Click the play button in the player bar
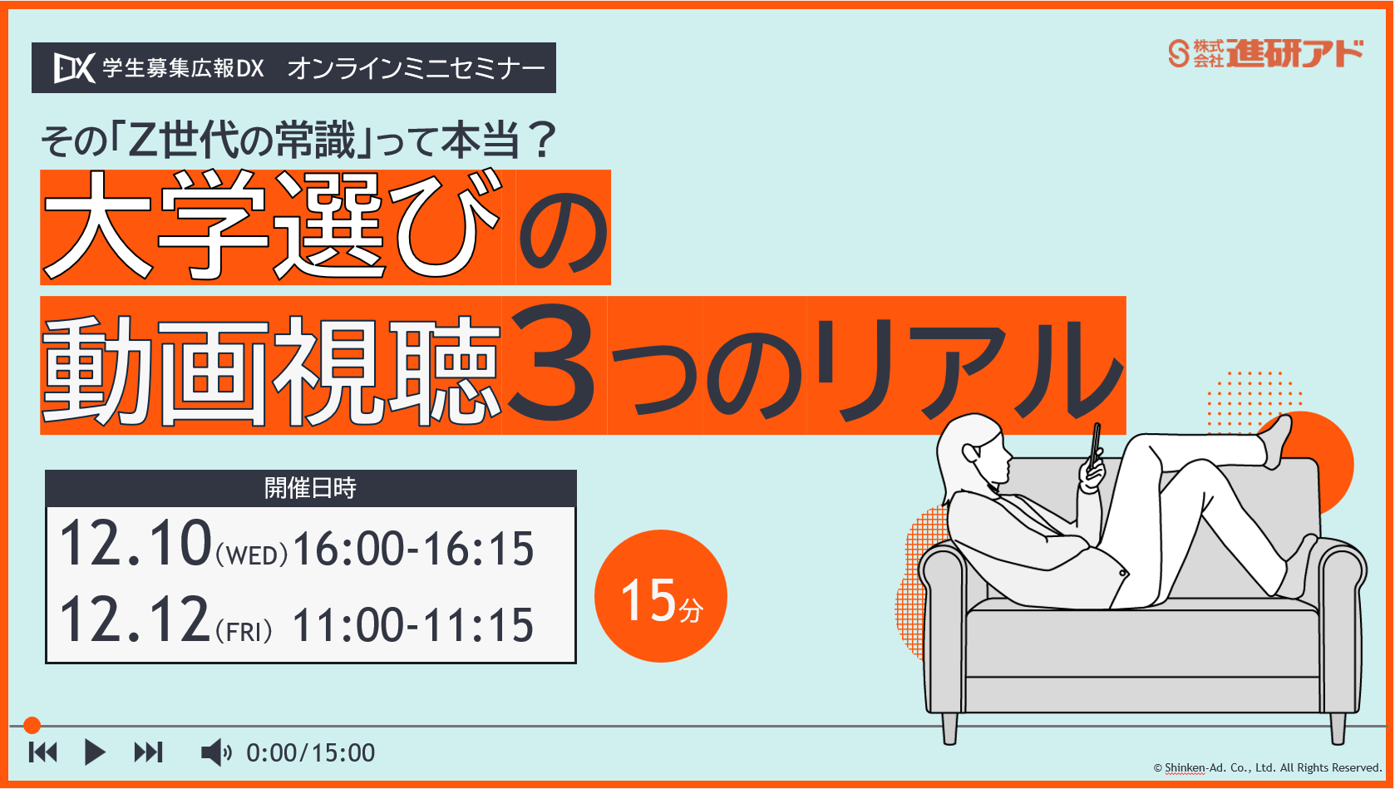click(95, 752)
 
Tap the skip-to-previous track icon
click(43, 752)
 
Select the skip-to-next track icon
click(148, 752)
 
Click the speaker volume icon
click(215, 752)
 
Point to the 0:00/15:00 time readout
click(310, 753)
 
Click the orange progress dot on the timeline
click(32, 726)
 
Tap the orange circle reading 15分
click(661, 596)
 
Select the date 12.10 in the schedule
click(136, 544)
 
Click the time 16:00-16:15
click(413, 549)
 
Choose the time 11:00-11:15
click(413, 625)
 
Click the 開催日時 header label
click(310, 488)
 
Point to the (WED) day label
click(252, 555)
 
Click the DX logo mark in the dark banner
click(74, 67)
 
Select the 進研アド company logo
click(1265, 53)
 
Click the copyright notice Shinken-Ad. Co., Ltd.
click(1267, 767)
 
